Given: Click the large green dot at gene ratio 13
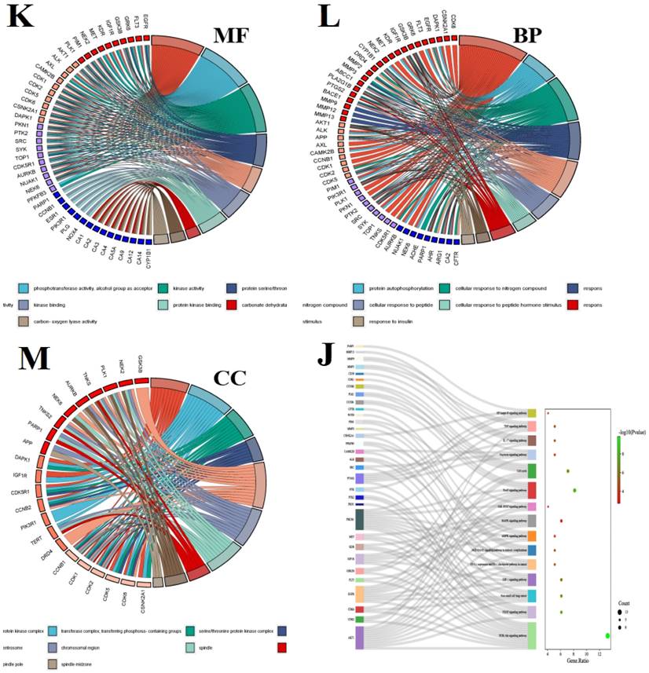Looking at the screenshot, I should pos(607,636).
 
